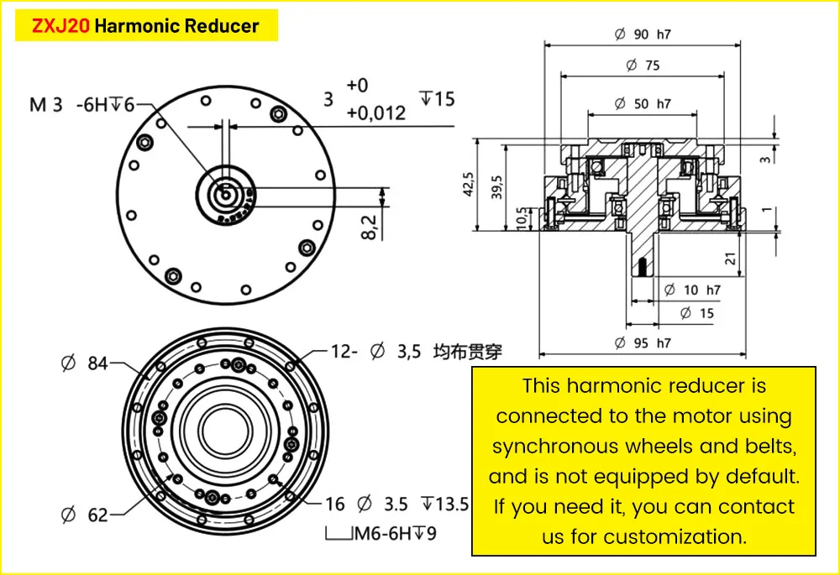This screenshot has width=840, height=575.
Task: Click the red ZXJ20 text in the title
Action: [x=60, y=26]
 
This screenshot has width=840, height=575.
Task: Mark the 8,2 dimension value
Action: [x=370, y=226]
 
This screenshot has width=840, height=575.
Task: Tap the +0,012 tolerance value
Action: [x=375, y=112]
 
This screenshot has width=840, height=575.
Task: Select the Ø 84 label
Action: [x=85, y=364]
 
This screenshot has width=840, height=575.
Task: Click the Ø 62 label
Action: [x=85, y=514]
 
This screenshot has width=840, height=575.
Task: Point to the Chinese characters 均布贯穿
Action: [x=467, y=352]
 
